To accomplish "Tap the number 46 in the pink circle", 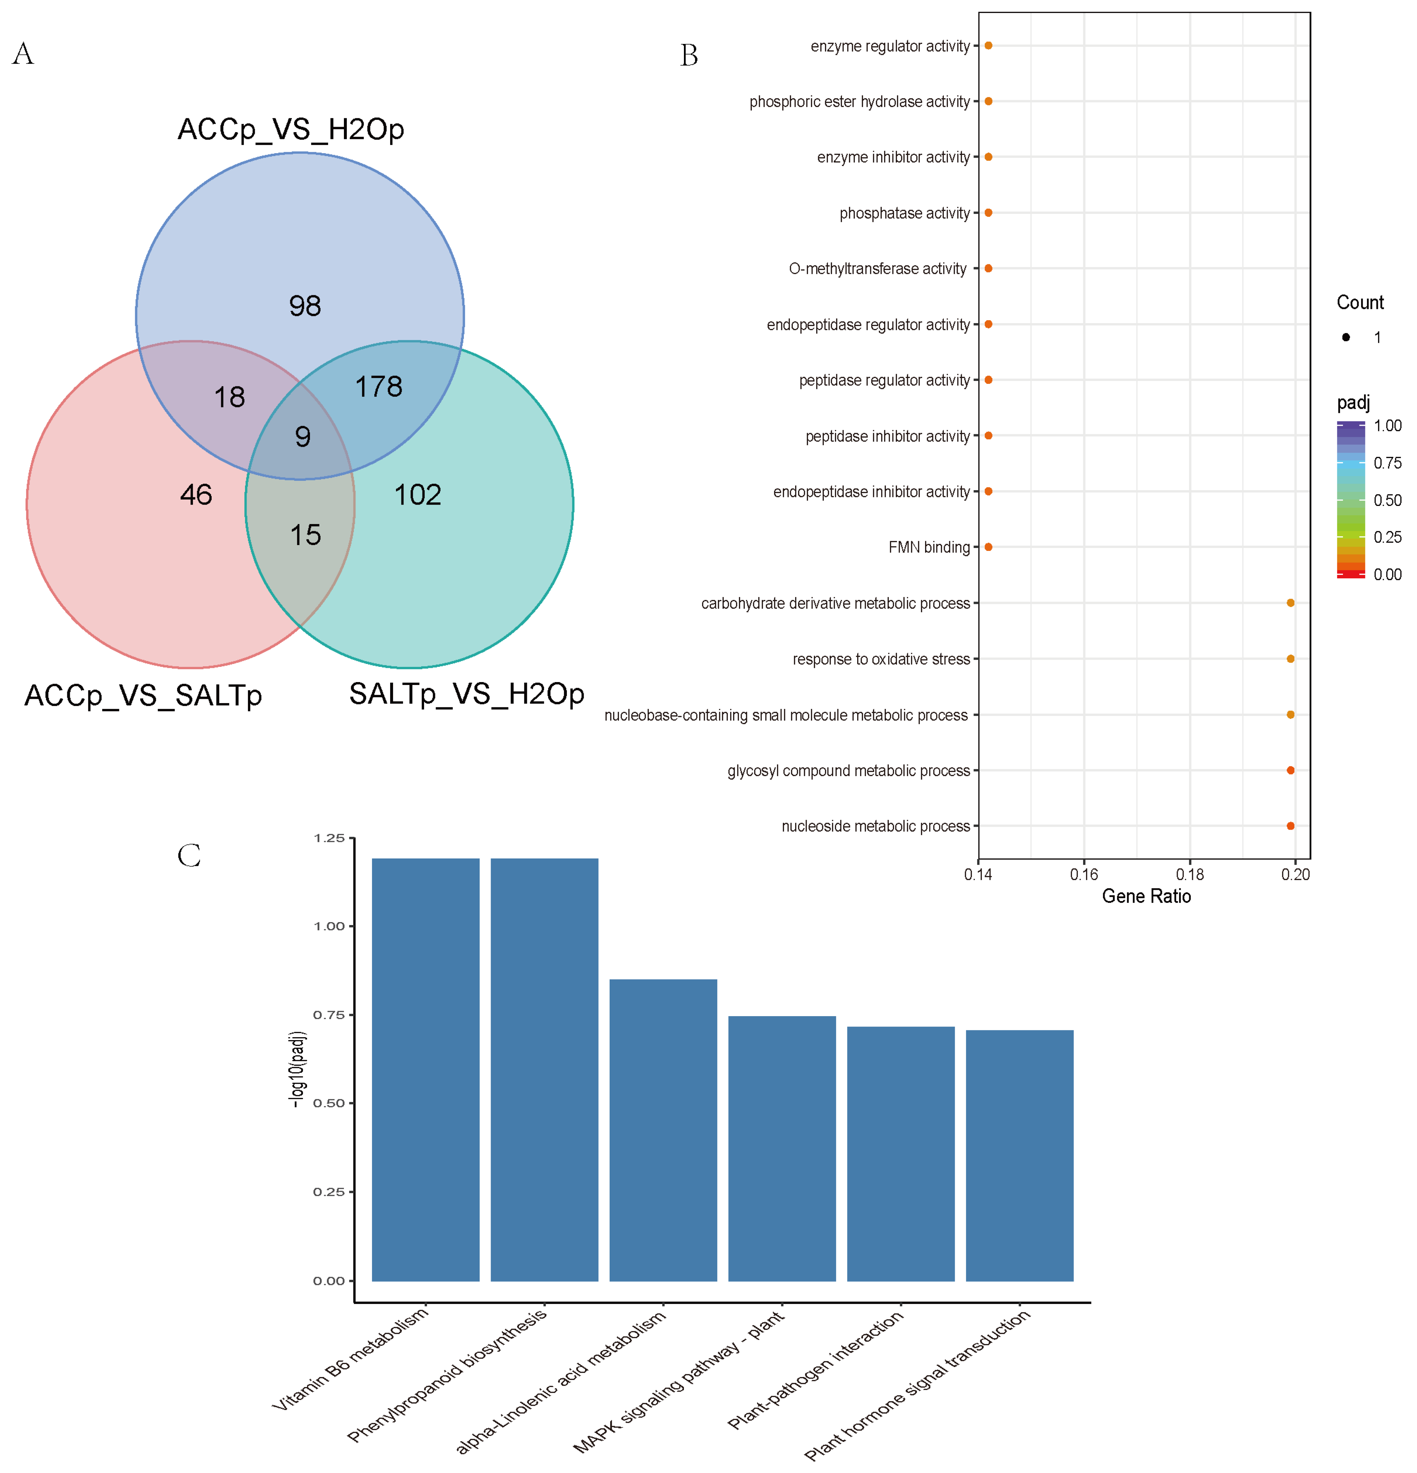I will click(x=196, y=495).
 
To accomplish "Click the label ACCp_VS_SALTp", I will click(x=143, y=695).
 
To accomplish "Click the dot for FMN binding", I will click(x=988, y=547).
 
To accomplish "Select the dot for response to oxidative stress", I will click(x=1291, y=659).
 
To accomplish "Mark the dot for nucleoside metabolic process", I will click(x=1291, y=826).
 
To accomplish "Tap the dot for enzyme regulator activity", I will click(x=988, y=46).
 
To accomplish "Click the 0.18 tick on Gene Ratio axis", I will click(x=1190, y=874).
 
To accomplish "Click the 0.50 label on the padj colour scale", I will click(x=1387, y=500).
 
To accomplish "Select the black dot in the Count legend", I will click(x=1346, y=337).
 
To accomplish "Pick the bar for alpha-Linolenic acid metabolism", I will click(x=663, y=1131).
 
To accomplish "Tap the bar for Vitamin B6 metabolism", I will click(x=425, y=1071).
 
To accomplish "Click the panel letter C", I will click(x=189, y=855).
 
